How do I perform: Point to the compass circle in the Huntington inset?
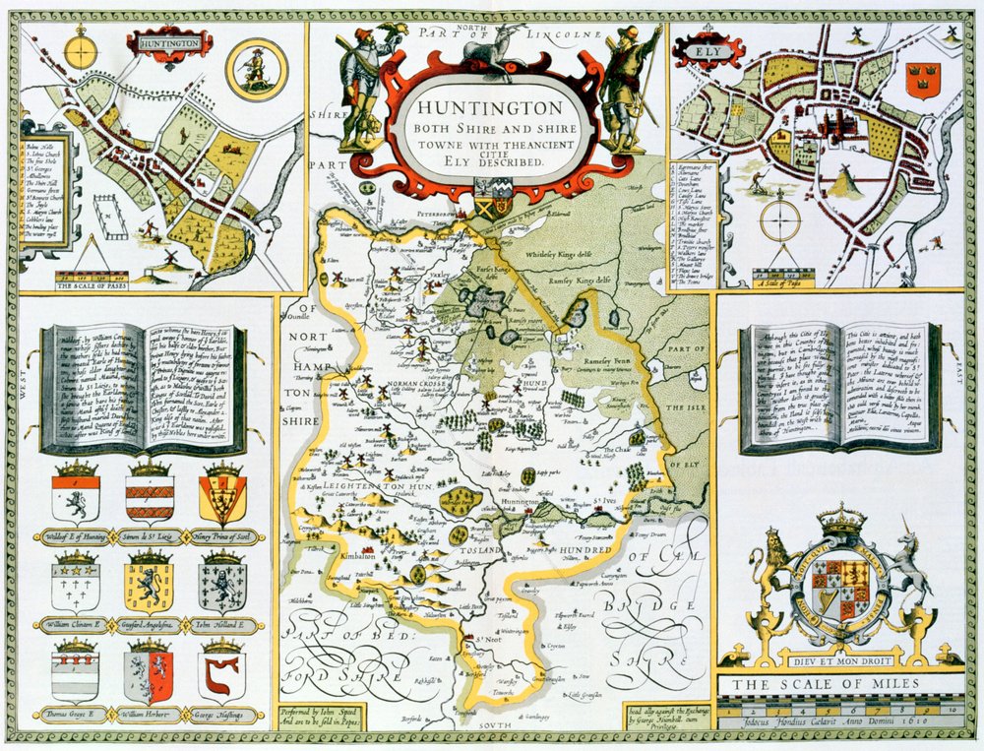tap(82, 46)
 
